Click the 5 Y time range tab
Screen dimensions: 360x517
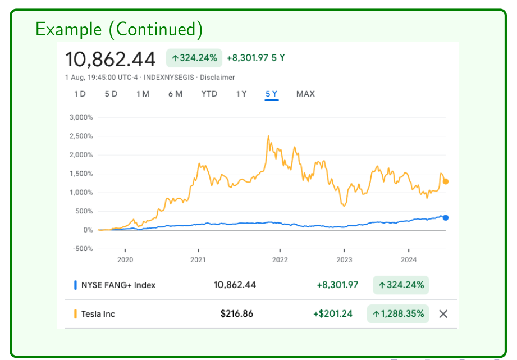pyautogui.click(x=271, y=94)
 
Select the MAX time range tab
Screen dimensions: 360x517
pyautogui.click(x=305, y=94)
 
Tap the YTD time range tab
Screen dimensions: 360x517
pyautogui.click(x=209, y=94)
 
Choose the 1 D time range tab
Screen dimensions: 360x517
pyautogui.click(x=80, y=94)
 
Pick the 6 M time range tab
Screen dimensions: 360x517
pyautogui.click(x=175, y=94)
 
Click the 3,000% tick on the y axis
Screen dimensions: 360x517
pyautogui.click(x=81, y=117)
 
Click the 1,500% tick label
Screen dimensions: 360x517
pyautogui.click(x=81, y=174)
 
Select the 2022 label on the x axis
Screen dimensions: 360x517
pyautogui.click(x=280, y=259)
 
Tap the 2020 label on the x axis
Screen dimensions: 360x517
pyautogui.click(x=125, y=259)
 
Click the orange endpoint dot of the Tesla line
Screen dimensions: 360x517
pyautogui.click(x=446, y=181)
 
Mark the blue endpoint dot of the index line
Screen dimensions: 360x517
pyautogui.click(x=446, y=218)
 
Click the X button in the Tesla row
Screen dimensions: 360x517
pyautogui.click(x=443, y=314)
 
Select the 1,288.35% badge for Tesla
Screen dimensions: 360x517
pyautogui.click(x=398, y=313)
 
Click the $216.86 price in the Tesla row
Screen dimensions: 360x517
pyautogui.click(x=237, y=313)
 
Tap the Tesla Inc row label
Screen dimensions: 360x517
pyautogui.click(x=98, y=314)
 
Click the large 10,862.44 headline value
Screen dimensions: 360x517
pyautogui.click(x=111, y=59)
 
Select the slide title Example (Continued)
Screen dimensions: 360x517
pyautogui.click(x=119, y=29)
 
